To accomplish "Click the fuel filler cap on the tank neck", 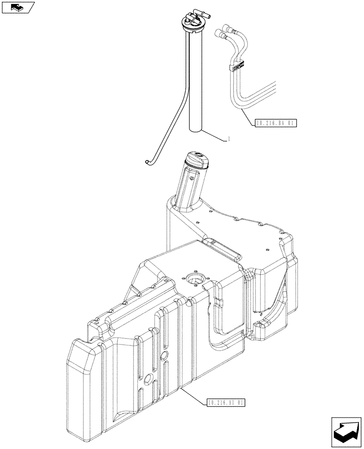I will [x=198, y=159].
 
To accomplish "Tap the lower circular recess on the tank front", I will [x=147, y=378].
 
